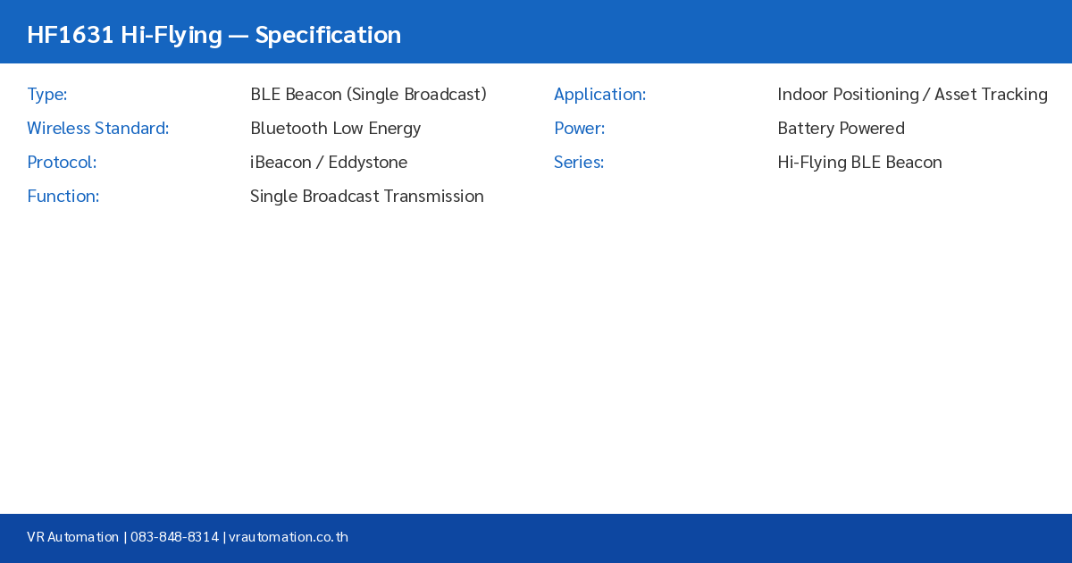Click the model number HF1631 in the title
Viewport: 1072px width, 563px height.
(x=70, y=35)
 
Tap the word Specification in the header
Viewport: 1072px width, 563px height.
(x=328, y=35)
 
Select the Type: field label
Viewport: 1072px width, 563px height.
(x=47, y=95)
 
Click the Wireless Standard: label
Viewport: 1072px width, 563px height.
(x=97, y=129)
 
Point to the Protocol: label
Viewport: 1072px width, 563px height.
(x=62, y=163)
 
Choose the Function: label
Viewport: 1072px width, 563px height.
(x=63, y=197)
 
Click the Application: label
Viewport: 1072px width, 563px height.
(x=599, y=95)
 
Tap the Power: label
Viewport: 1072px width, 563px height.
(x=579, y=129)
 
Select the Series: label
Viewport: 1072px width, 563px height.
(x=579, y=163)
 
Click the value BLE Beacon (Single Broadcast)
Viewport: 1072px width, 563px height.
(x=368, y=95)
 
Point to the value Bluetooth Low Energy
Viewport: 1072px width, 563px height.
(x=335, y=129)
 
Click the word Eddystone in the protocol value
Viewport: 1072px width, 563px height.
(x=367, y=163)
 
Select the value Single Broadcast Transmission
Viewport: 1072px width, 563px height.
(x=366, y=197)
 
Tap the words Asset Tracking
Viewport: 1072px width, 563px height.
(x=991, y=95)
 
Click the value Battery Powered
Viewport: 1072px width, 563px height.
(x=841, y=129)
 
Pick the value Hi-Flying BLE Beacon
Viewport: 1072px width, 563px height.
(x=859, y=163)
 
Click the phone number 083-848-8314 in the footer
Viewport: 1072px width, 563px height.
(x=174, y=537)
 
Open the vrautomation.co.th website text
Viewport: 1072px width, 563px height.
(x=289, y=537)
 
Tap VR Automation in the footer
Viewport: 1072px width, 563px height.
(x=72, y=537)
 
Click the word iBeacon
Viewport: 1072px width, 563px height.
(x=281, y=163)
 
